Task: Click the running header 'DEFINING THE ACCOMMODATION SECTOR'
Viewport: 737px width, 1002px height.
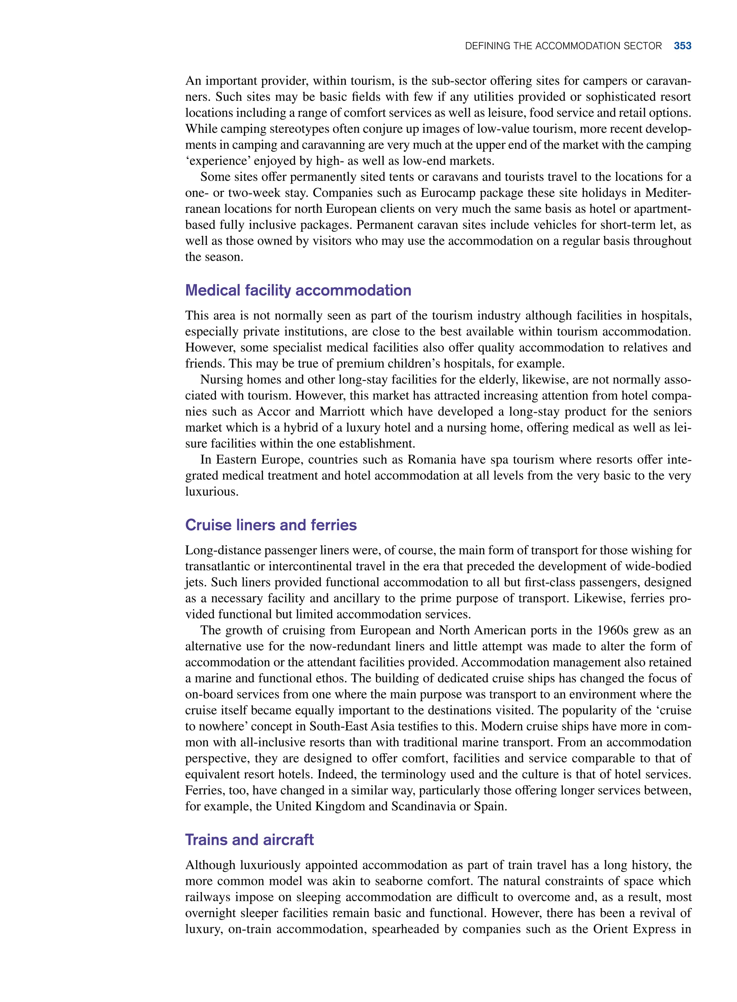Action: pyautogui.click(x=563, y=46)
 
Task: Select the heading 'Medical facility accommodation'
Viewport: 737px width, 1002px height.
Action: pyautogui.click(x=298, y=291)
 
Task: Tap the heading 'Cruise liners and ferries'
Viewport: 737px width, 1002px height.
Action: pyautogui.click(x=271, y=525)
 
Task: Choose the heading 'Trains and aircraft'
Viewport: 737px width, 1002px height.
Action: pyautogui.click(x=249, y=840)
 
